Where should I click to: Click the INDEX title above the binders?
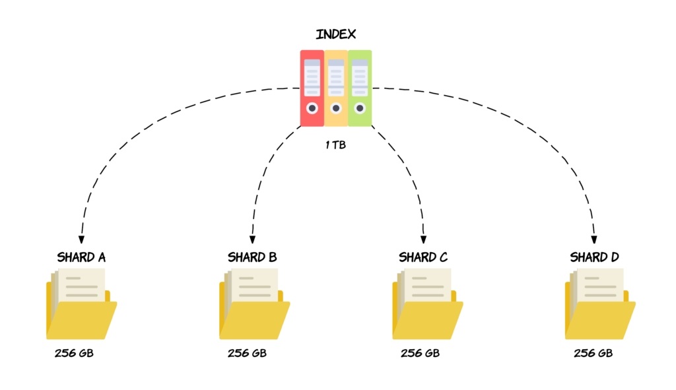[x=336, y=35]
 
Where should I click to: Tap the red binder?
[x=312, y=87]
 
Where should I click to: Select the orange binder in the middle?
[x=336, y=87]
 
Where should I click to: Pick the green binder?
[x=360, y=87]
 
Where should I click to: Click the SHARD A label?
[x=81, y=257]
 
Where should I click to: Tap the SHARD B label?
[x=252, y=257]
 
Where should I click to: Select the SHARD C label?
[x=423, y=257]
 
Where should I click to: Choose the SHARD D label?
[x=594, y=257]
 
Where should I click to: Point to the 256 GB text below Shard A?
[x=74, y=353]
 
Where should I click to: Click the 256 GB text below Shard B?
[x=247, y=353]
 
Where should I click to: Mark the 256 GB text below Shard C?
[x=420, y=353]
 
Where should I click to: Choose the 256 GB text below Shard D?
[x=593, y=353]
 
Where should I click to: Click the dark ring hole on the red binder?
[x=312, y=108]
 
